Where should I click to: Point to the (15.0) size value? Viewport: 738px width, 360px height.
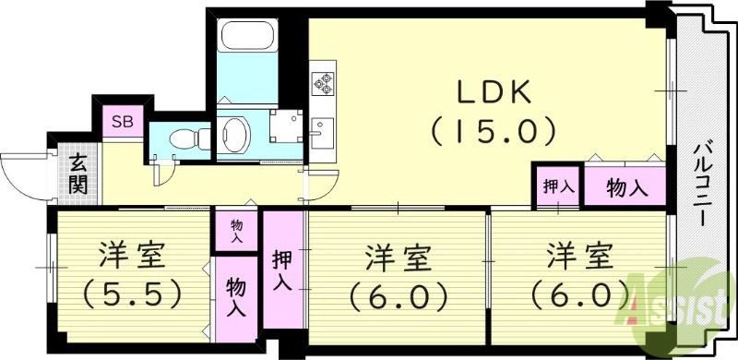tap(493, 130)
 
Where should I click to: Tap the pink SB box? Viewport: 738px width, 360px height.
tap(122, 121)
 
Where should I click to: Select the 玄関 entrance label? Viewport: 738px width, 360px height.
tap(77, 174)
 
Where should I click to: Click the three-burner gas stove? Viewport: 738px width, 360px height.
tap(323, 82)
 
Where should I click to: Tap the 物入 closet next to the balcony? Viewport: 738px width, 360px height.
tap(626, 188)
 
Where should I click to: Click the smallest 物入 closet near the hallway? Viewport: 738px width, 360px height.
tap(236, 231)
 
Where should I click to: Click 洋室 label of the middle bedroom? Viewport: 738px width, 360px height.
tap(398, 257)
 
